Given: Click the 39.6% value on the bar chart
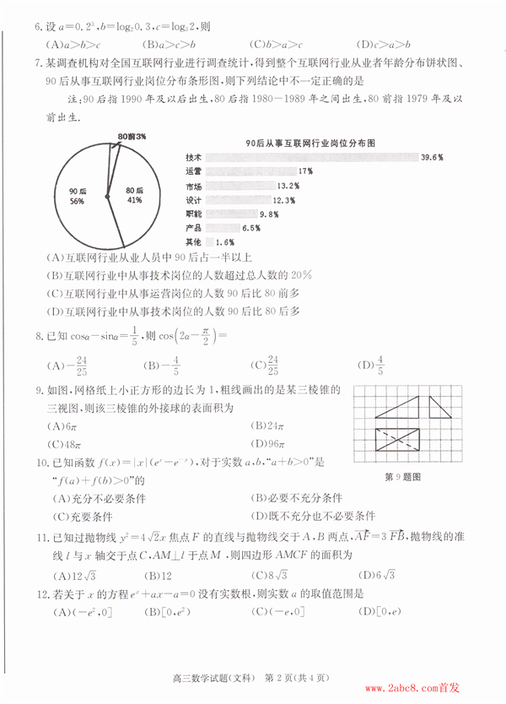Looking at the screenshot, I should coord(432,157).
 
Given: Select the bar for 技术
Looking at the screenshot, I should coord(311,157).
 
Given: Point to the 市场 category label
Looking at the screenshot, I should coord(193,186).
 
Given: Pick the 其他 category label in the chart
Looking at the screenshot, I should coord(193,242).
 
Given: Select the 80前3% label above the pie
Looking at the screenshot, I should coord(132,136).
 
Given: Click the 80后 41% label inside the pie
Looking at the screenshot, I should coord(134,196).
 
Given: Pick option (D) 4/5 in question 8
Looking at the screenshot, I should coord(371,365).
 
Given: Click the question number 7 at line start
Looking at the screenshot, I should coord(38,63).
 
